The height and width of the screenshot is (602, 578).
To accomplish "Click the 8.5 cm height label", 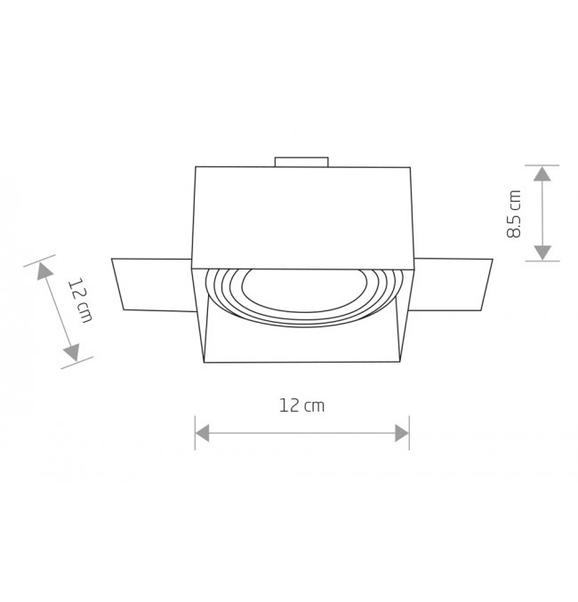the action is [x=514, y=213].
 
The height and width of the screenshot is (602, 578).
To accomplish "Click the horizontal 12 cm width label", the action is [x=301, y=405].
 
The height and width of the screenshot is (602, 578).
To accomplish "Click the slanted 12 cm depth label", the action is [x=81, y=301].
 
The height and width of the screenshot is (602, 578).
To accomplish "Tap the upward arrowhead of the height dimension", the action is [x=542, y=174].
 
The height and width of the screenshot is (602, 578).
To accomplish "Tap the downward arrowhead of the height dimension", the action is [x=542, y=253].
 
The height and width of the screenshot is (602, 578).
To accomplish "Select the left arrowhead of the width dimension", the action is [x=203, y=433].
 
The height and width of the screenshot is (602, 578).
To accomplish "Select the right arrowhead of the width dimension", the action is [x=402, y=433].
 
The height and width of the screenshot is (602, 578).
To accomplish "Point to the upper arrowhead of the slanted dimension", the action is [x=44, y=270].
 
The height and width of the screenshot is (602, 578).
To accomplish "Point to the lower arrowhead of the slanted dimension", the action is [x=72, y=352].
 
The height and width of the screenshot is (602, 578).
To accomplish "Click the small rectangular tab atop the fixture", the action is [x=301, y=162].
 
